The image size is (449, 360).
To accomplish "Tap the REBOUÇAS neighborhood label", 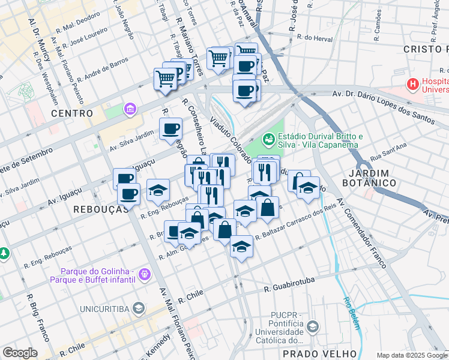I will click(101, 209).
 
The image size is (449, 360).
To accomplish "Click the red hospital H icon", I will click(413, 84).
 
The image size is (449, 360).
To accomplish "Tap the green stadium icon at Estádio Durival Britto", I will click(268, 140).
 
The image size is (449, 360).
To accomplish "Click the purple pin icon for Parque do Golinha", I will click(144, 275).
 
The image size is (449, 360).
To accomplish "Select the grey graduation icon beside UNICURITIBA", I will click(139, 309).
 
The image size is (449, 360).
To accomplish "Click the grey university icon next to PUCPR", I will click(312, 327).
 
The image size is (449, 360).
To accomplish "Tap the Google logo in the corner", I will click(20, 353).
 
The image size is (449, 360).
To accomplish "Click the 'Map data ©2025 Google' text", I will click(411, 355).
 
